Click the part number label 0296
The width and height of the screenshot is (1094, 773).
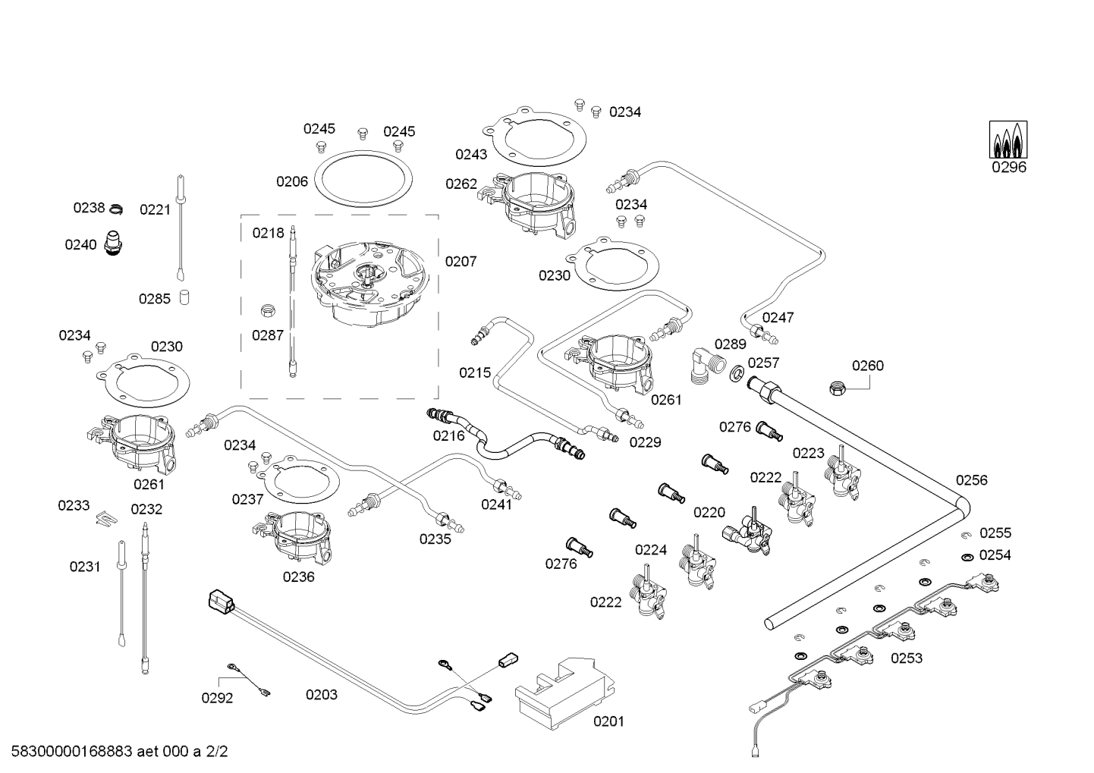pos(1008,168)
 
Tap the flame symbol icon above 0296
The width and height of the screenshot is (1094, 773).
pos(1008,140)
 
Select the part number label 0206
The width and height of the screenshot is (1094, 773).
pos(292,181)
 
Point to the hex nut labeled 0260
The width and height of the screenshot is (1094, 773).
pos(838,388)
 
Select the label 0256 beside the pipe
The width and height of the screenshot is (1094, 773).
pos(972,479)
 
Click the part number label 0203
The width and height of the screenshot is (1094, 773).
pos(322,694)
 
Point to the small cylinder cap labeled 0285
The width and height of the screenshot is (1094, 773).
pos(184,297)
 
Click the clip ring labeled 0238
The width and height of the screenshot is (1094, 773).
pos(115,209)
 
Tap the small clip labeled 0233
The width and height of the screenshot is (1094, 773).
pos(107,519)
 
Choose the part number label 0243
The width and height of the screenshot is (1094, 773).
pos(471,155)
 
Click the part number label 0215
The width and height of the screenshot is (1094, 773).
pos(474,372)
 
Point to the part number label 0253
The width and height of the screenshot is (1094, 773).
pos(907,658)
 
